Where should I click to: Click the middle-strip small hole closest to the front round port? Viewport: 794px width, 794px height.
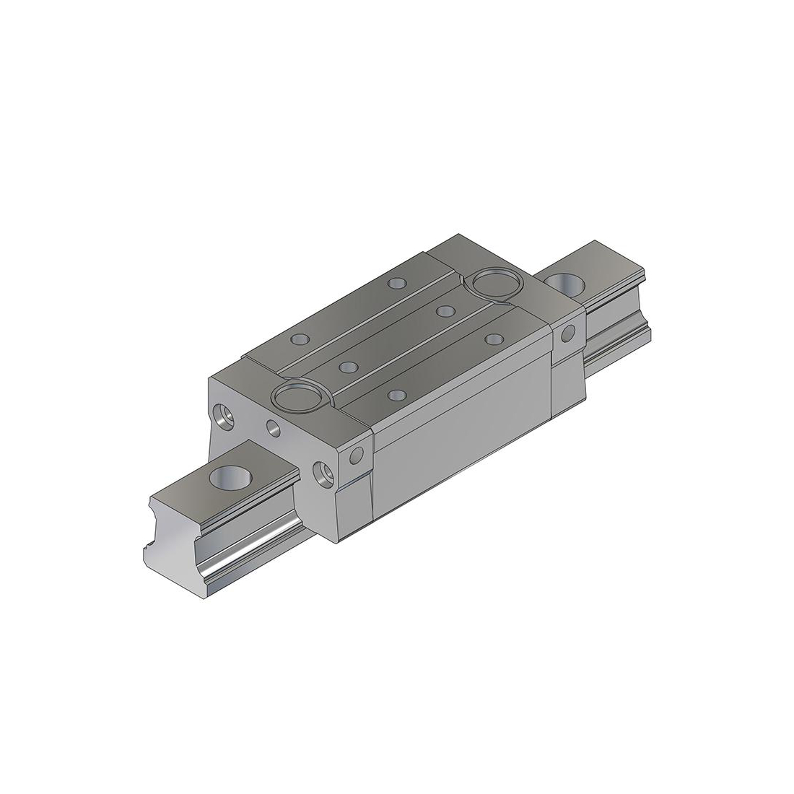[x=346, y=367]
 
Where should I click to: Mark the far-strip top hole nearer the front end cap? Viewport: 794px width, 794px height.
[x=297, y=339]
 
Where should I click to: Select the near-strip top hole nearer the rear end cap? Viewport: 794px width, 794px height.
[x=494, y=338]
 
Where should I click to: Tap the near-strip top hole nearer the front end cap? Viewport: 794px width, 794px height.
[x=396, y=394]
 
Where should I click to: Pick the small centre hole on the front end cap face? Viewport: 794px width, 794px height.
[x=274, y=428]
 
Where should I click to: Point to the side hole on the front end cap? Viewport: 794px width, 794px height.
[x=356, y=456]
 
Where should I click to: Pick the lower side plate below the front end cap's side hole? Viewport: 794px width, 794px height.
[x=354, y=505]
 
